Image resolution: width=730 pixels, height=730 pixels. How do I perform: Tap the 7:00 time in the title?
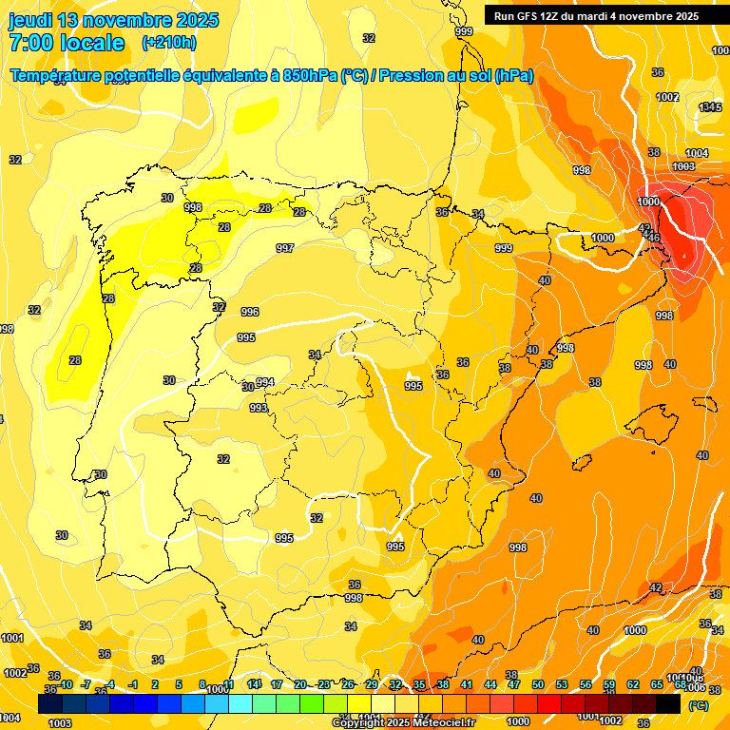pos(33,43)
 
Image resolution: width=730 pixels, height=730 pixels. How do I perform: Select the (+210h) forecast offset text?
pos(168,43)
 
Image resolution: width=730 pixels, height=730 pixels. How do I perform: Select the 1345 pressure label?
pos(709,107)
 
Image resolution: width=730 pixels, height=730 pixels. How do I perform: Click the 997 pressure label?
pos(285,248)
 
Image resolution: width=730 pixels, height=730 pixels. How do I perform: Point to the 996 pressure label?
pos(250,312)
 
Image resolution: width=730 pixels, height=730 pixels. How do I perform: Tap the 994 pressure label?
pos(265,382)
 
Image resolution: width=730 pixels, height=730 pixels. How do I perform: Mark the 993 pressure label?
pos(259,408)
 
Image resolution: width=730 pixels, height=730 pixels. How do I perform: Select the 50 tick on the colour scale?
pos(538,684)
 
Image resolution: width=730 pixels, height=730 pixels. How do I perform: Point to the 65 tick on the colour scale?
pos(657,684)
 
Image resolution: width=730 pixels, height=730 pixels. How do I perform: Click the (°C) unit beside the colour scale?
pos(699,705)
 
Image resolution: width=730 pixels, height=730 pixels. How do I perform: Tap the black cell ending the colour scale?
pos(668,703)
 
